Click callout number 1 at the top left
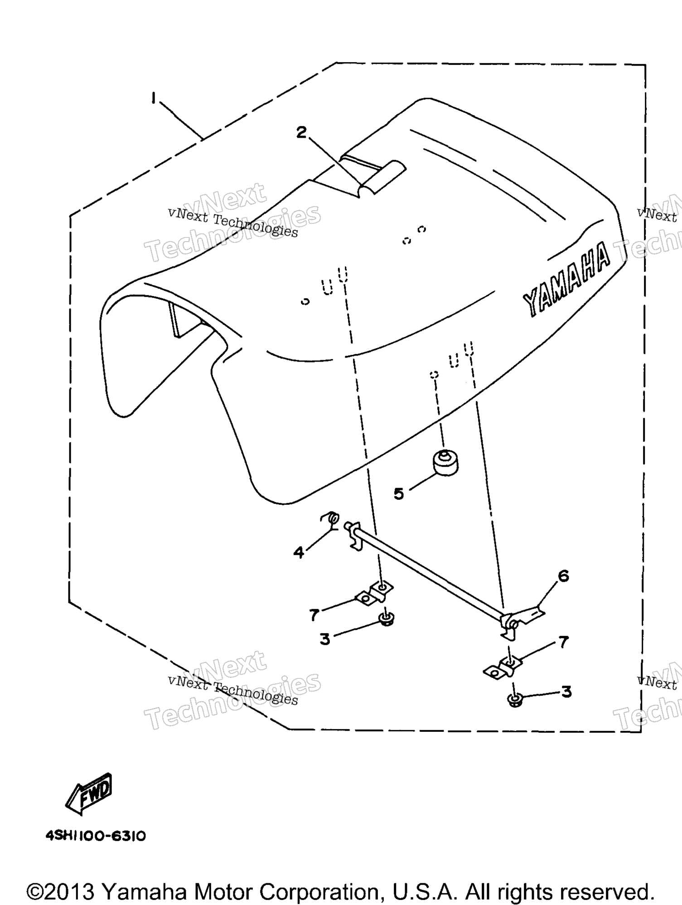154,98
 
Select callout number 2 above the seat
301,132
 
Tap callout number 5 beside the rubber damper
399,494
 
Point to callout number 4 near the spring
299,552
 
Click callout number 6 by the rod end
563,576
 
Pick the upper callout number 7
314,615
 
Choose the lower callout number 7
564,642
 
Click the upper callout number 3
325,639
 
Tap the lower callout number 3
566,692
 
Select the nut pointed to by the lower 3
514,701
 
